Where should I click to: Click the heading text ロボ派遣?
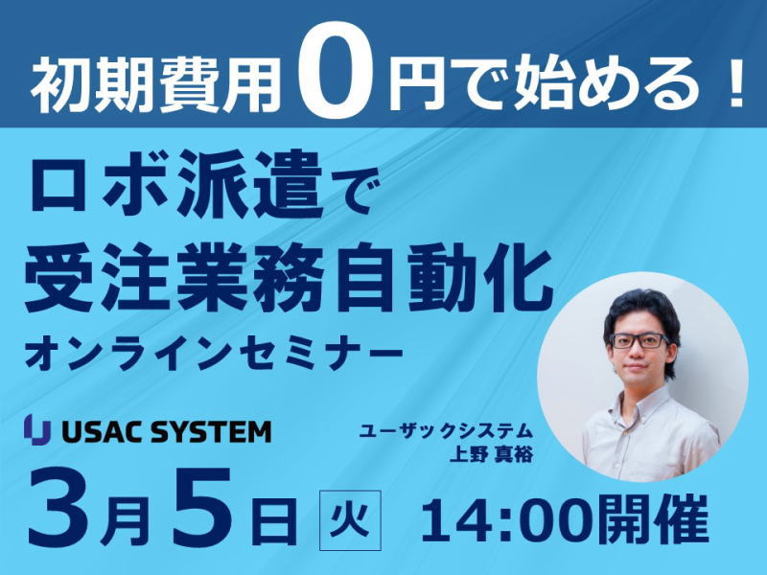(176, 184)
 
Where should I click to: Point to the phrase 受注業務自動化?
(290, 277)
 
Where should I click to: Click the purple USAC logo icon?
(37, 429)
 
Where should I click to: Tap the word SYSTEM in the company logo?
(211, 432)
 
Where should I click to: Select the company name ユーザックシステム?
(445, 431)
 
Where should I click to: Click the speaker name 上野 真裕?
(491, 454)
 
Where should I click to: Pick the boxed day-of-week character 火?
(350, 519)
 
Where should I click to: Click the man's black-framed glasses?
(639, 341)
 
